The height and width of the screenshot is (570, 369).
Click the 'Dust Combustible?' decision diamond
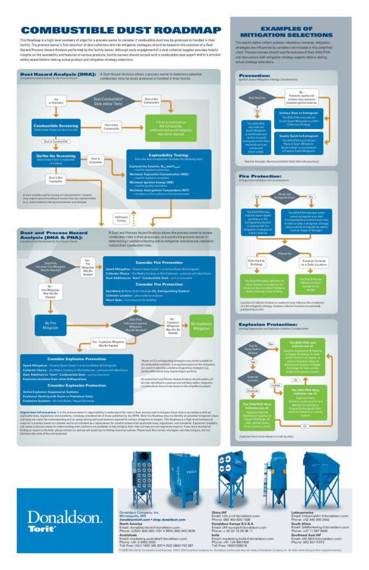point(108,102)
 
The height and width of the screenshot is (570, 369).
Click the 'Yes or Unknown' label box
point(54,101)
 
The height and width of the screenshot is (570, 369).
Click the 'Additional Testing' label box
point(120,218)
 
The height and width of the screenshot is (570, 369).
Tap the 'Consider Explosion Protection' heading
point(76,385)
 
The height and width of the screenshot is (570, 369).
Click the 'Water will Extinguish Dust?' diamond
point(284,196)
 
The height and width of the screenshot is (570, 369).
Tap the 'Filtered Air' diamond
point(284,253)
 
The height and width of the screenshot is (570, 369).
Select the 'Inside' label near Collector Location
point(275,385)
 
